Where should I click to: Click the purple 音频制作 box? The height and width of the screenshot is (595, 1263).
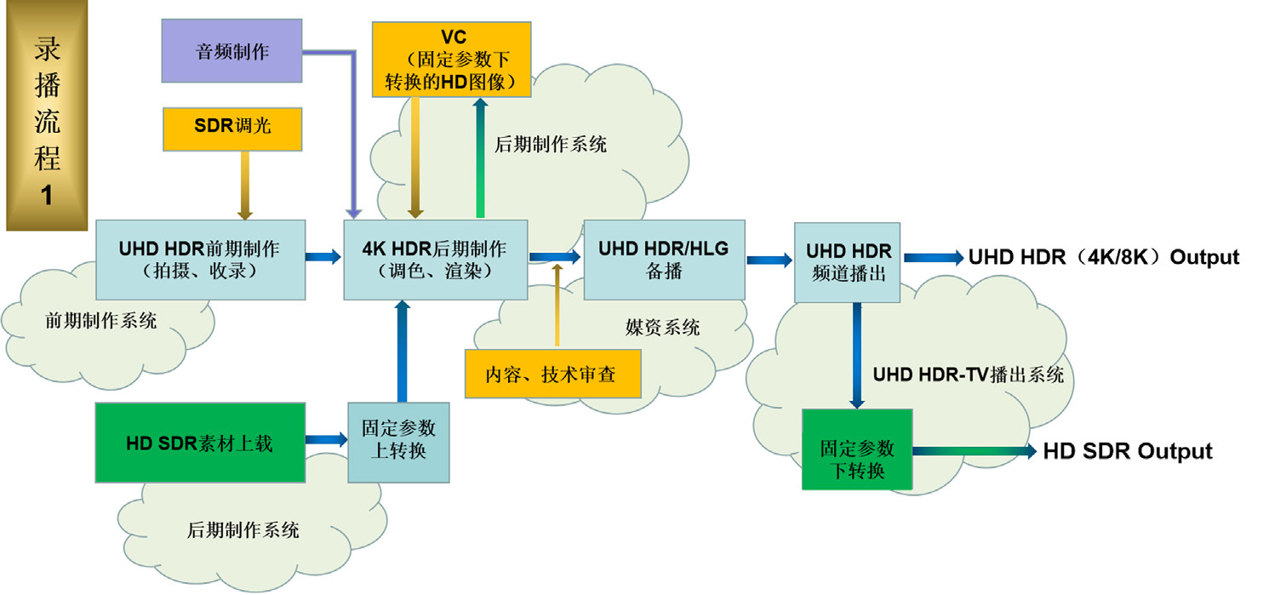tap(231, 52)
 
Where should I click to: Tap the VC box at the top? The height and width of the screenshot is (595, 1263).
tap(452, 60)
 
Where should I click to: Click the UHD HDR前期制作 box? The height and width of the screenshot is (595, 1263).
tap(200, 260)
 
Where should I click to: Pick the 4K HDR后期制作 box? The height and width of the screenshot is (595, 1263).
tap(436, 260)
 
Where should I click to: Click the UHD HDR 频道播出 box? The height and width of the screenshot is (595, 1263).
tap(848, 262)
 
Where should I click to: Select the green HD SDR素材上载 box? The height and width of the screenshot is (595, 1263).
tap(200, 443)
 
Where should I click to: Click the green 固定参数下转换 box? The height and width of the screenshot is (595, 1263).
tap(857, 449)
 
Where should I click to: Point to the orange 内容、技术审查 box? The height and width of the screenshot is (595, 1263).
tap(551, 374)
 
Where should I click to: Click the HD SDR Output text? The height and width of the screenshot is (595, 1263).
tap(1128, 451)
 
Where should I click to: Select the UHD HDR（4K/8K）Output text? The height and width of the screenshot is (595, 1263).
tap(1104, 257)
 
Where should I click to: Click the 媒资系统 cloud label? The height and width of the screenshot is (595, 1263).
tap(663, 327)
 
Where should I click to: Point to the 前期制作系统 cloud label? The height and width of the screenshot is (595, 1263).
tap(101, 321)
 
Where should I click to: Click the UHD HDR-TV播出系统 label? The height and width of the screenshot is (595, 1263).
tap(969, 375)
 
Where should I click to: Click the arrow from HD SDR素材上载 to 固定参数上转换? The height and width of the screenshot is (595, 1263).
tap(326, 440)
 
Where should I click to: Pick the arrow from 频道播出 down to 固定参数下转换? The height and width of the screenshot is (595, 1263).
tap(857, 355)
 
